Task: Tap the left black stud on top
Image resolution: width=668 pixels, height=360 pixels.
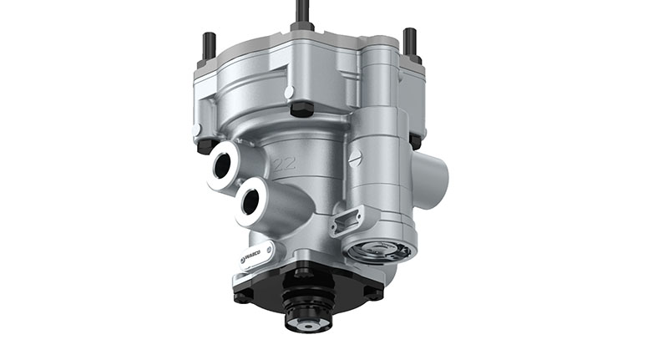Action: point(208,45)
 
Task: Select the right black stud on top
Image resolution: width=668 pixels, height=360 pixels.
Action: point(409,41)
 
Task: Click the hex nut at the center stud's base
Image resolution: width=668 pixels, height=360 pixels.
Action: point(302,27)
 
